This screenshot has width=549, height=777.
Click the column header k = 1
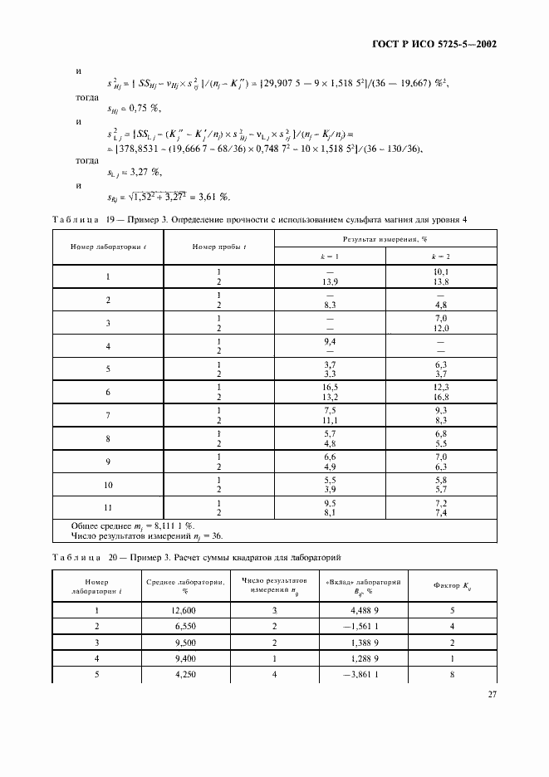click(330, 258)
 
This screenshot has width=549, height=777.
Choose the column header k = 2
click(441, 258)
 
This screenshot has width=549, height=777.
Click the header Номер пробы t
click(218, 247)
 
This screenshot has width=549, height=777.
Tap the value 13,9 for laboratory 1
click(330, 284)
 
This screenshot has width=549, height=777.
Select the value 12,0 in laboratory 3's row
click(441, 328)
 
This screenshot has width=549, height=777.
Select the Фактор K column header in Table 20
click(453, 586)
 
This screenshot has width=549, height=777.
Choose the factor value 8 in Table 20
click(453, 673)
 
